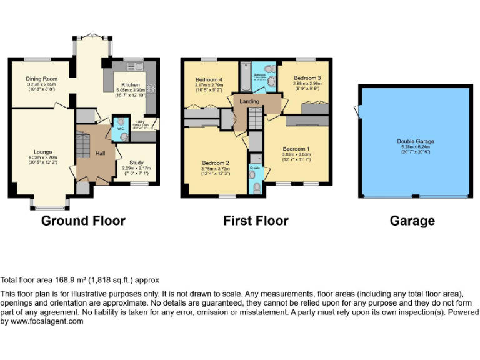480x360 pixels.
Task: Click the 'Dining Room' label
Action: pos(41,79)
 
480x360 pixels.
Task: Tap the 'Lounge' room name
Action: pos(43,151)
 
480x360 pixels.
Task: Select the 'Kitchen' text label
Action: pos(131,84)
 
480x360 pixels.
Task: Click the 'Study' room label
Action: pos(136,162)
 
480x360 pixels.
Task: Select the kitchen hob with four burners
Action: pos(151,91)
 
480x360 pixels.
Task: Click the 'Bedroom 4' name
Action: pos(208,79)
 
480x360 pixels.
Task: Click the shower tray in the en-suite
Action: pos(254,159)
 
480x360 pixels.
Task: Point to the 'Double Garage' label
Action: pos(415,141)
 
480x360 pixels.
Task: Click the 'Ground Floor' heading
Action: pos(83,221)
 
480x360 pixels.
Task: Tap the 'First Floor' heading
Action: pos(256,221)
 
